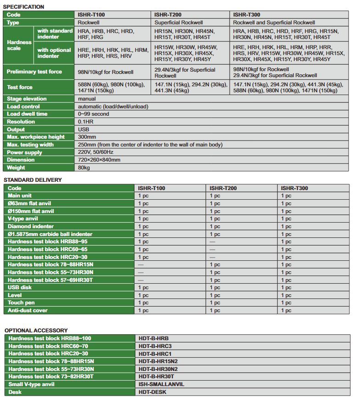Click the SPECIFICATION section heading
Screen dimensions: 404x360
click(x=24, y=7)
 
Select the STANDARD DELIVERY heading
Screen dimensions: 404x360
click(x=32, y=180)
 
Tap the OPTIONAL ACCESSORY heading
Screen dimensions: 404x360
click(x=36, y=331)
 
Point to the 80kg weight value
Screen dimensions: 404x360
click(x=84, y=168)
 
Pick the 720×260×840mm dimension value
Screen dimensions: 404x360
click(x=99, y=160)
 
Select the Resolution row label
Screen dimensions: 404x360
click(x=21, y=122)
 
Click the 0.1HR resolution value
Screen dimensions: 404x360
click(x=85, y=122)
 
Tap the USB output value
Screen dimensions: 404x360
click(x=84, y=129)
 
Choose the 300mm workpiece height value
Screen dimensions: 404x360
click(x=87, y=137)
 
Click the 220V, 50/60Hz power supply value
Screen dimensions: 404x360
click(x=96, y=152)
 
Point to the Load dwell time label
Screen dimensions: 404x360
click(x=27, y=114)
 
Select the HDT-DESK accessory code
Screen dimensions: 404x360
click(x=152, y=392)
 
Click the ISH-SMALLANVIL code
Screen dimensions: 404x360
click(x=161, y=384)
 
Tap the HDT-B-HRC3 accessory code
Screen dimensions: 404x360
click(x=155, y=346)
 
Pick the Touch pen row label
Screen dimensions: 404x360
click(x=22, y=303)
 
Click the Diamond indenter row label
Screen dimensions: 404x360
click(x=31, y=226)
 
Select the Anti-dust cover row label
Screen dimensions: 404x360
click(x=28, y=311)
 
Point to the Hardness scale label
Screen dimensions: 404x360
click(x=19, y=45)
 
